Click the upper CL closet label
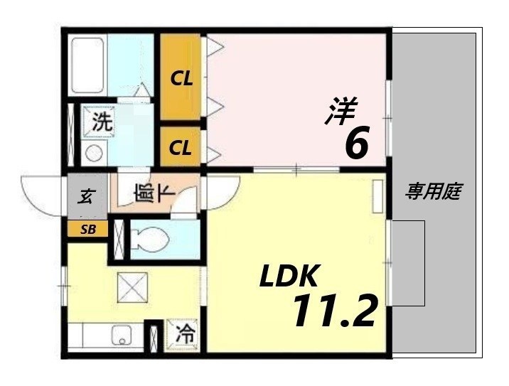[181, 78]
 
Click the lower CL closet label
[181, 149]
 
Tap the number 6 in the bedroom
[355, 144]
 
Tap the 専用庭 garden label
[434, 191]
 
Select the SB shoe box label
[87, 229]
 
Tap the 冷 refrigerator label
[183, 333]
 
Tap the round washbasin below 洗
[92, 151]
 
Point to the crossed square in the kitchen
[132, 288]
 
